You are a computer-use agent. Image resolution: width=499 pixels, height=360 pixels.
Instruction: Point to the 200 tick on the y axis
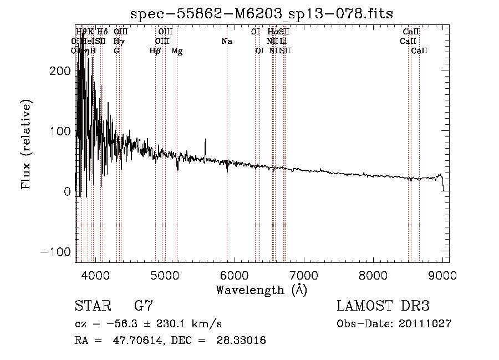click(60, 71)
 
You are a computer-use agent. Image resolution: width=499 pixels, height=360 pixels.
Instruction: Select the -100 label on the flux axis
click(56, 251)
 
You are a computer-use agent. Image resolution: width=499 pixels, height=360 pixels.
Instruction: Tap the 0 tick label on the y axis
click(67, 191)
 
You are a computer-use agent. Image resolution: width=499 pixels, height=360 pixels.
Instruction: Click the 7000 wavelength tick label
click(303, 274)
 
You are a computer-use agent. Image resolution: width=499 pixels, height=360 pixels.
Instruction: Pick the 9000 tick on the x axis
click(442, 274)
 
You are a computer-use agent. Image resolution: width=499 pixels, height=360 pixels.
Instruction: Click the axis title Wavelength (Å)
click(262, 290)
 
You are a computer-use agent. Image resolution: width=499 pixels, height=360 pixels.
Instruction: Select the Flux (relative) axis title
click(27, 144)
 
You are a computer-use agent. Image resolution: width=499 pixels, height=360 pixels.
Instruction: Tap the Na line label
click(226, 41)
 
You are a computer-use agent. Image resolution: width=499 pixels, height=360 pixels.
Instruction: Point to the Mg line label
click(177, 51)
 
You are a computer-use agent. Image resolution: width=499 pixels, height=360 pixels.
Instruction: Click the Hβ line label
click(155, 51)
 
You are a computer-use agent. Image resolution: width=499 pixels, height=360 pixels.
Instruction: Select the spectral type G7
click(144, 306)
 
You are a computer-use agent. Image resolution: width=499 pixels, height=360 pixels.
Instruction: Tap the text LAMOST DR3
click(383, 306)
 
